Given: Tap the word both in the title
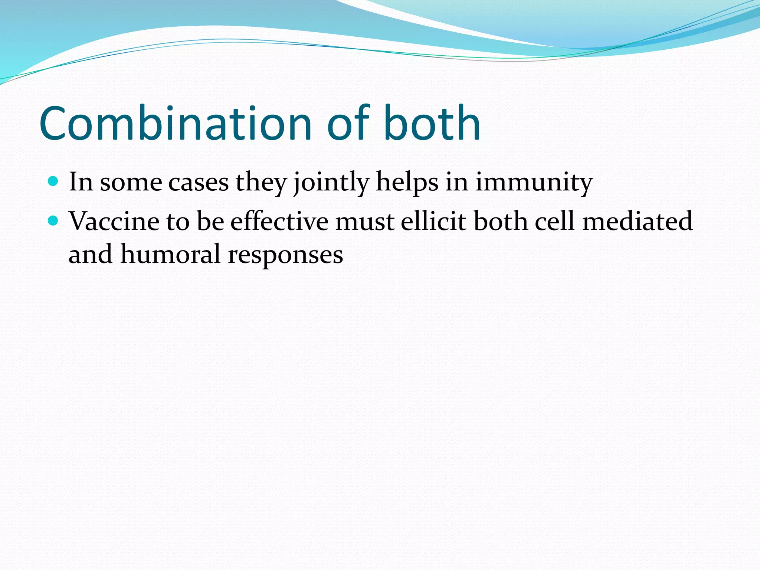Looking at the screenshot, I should click(x=432, y=123).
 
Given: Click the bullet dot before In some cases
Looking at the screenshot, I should click(x=53, y=181).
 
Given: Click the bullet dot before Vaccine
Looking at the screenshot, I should click(x=53, y=221).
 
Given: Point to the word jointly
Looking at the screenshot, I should click(x=331, y=183).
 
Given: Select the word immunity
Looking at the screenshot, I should click(x=534, y=183).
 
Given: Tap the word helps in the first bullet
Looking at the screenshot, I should click(x=407, y=183).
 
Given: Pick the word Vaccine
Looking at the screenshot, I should click(x=114, y=222).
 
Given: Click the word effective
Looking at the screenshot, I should click(x=279, y=222).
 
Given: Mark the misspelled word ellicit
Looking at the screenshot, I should click(x=433, y=222).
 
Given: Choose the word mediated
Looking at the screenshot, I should click(x=637, y=222).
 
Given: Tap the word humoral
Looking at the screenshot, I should click(x=170, y=255).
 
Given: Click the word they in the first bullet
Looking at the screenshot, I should click(x=262, y=183).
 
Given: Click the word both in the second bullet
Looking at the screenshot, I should click(x=501, y=222).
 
